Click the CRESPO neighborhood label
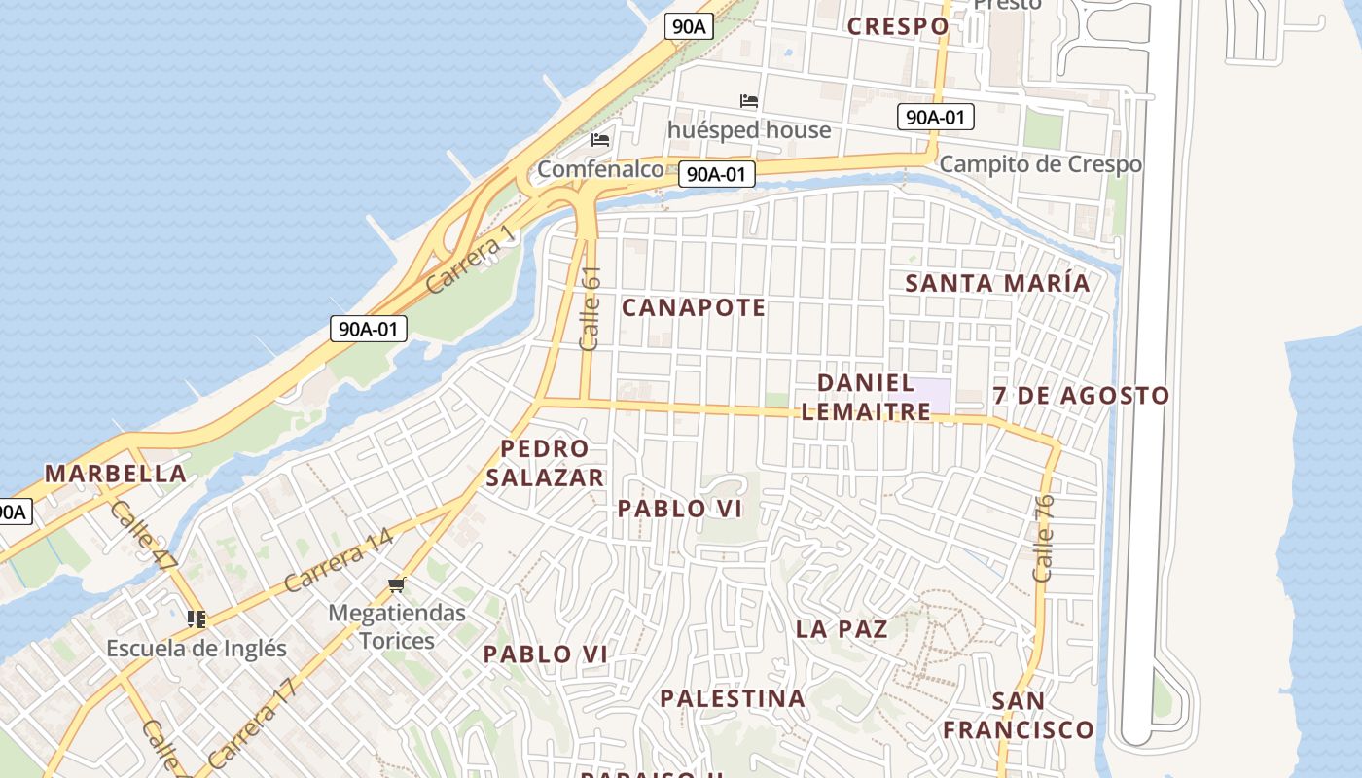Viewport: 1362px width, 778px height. (x=897, y=26)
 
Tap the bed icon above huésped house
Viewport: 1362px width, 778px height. (x=748, y=101)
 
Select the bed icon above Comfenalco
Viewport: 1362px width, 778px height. (x=600, y=140)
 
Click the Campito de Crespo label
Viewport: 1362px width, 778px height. (x=1040, y=163)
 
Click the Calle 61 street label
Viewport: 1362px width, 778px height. (x=590, y=308)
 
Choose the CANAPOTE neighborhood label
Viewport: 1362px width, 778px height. (x=694, y=308)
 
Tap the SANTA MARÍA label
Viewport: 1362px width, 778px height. (x=997, y=283)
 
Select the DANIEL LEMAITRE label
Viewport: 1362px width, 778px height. (x=866, y=397)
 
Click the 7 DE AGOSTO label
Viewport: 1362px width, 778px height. (x=1081, y=396)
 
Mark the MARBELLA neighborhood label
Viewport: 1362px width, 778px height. (x=116, y=474)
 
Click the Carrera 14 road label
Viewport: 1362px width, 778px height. (x=339, y=561)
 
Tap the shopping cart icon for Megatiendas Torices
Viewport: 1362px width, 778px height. (x=396, y=584)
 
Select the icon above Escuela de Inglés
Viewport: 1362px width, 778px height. (x=197, y=619)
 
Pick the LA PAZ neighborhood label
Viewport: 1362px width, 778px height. (x=842, y=628)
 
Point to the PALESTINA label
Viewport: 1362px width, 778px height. (x=733, y=698)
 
